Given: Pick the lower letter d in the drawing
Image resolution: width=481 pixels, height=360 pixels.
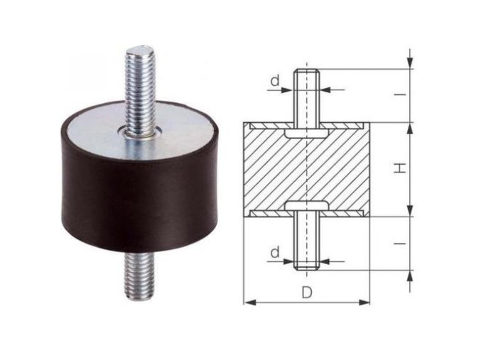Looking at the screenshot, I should click(275, 252).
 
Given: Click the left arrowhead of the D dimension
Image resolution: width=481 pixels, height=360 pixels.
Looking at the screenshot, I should click(248, 303).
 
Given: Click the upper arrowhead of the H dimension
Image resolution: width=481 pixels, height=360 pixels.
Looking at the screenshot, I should click(410, 127).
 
